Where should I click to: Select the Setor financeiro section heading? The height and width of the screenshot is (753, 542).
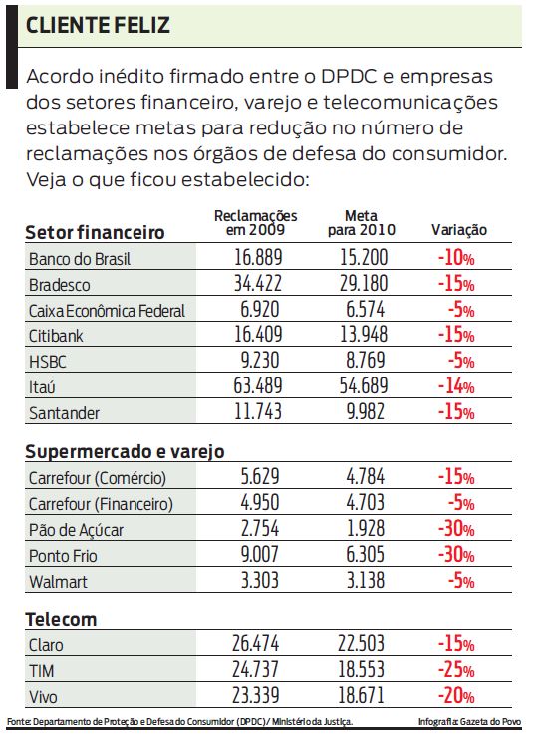pyautogui.click(x=95, y=232)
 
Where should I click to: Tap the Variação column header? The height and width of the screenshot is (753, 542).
pyautogui.click(x=458, y=230)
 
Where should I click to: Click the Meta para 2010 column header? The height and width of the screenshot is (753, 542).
pyautogui.click(x=361, y=223)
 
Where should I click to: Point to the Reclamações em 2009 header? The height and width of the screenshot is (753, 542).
pyautogui.click(x=256, y=223)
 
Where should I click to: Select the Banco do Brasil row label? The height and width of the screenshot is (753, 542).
pyautogui.click(x=81, y=259)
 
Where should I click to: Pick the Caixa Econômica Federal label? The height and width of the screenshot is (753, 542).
pyautogui.click(x=107, y=310)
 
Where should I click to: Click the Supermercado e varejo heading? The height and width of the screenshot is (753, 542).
pyautogui.click(x=125, y=451)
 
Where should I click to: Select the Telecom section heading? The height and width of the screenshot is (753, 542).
pyautogui.click(x=61, y=620)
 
